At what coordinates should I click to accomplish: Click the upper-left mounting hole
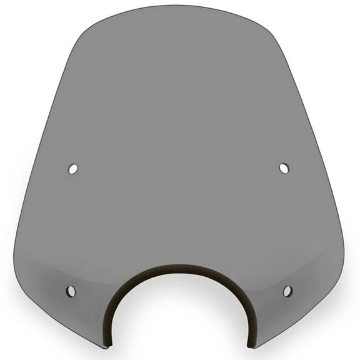(73, 169)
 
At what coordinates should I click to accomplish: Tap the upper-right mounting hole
(284, 168)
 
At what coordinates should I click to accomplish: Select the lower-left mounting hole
(71, 291)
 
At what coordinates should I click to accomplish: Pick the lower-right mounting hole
(287, 291)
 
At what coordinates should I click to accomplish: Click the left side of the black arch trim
(116, 306)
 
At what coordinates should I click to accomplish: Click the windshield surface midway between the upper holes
(179, 169)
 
